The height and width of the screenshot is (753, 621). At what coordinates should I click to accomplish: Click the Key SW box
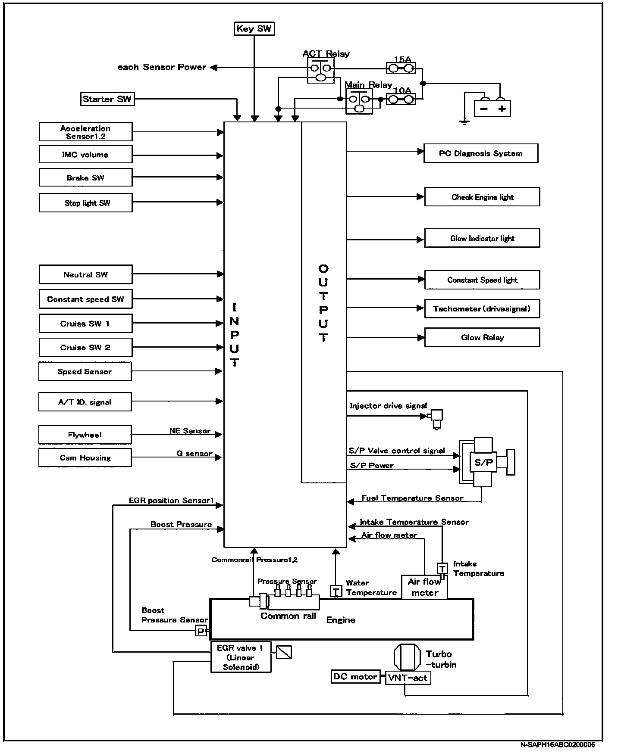click(254, 29)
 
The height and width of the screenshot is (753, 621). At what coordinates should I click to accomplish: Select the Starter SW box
click(107, 99)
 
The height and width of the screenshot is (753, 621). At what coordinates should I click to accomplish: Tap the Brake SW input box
click(85, 177)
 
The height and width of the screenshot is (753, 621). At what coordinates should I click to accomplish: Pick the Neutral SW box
click(85, 274)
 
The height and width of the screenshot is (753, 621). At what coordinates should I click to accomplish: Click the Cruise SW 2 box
click(85, 348)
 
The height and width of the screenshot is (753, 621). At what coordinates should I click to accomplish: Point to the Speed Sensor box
click(85, 372)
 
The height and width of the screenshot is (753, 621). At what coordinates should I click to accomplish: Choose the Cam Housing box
click(85, 458)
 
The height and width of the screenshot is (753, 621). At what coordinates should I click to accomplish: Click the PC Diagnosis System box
click(481, 153)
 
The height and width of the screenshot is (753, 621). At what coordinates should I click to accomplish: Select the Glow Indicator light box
click(482, 238)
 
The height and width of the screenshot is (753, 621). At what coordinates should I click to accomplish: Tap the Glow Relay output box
click(482, 337)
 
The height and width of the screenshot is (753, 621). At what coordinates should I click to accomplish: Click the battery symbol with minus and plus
click(492, 109)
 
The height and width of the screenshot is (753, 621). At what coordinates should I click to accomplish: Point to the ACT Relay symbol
click(321, 71)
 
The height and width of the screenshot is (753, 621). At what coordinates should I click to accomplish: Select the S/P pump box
click(483, 463)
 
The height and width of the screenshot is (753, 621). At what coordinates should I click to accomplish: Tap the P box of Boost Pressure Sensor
click(201, 632)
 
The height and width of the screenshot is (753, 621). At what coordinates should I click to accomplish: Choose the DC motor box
click(355, 677)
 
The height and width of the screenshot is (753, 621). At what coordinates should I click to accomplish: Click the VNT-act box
click(408, 678)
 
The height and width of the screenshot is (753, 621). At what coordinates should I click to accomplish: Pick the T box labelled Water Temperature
click(336, 591)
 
